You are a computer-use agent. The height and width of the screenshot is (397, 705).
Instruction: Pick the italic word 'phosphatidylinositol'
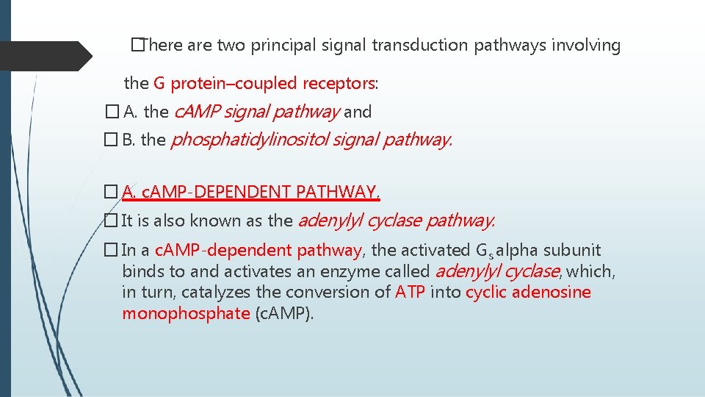pos(249,140)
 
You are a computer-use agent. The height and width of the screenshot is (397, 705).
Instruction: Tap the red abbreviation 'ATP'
pos(411,293)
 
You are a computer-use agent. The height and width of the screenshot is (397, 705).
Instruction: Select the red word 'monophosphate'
pos(186,314)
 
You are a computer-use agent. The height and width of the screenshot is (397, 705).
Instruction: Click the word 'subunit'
pos(572,251)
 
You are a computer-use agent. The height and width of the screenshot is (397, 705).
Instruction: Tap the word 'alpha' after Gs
pos(518,251)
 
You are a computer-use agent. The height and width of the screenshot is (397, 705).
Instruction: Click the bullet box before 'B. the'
pos(111,140)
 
